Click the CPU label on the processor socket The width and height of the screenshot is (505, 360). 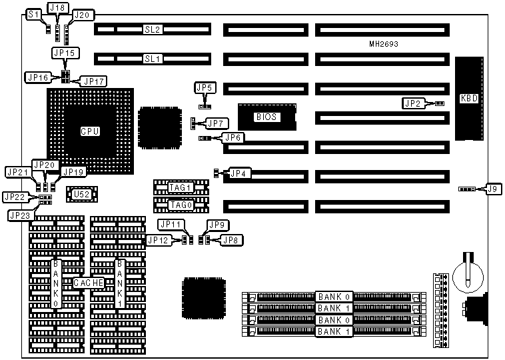point(90,131)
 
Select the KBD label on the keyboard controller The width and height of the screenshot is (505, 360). point(469,99)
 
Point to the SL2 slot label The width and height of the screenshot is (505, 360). point(153,30)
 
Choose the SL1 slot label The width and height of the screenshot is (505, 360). point(153,59)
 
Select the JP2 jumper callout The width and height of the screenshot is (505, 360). point(413,103)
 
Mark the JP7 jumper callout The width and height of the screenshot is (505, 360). point(217,123)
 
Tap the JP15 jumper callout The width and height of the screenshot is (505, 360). point(64,52)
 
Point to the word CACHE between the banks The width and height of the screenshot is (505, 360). point(88,283)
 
